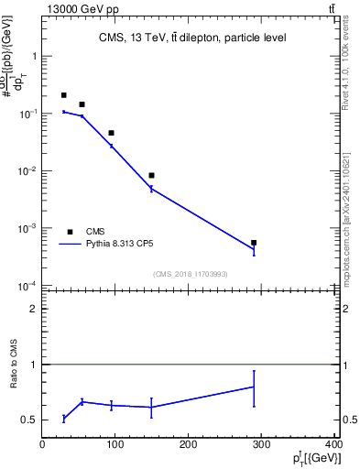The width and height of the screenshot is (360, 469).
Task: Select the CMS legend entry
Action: coord(95,232)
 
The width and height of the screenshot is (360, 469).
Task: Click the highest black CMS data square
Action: coord(64,95)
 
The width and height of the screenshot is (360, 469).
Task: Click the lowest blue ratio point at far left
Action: coord(64,418)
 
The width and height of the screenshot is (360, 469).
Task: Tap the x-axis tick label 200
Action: coord(189,444)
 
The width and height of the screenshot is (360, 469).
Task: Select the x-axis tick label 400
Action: coord(334,444)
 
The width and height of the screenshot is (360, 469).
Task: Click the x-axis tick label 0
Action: coord(42,444)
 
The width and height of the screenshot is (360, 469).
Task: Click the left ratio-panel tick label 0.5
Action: coord(29,420)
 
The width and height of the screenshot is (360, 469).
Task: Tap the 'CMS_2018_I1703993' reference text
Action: coord(190,274)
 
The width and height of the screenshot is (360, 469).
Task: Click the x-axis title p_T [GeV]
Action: coord(314,458)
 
